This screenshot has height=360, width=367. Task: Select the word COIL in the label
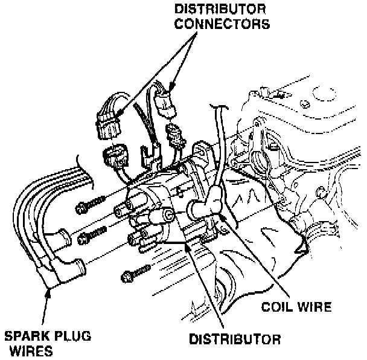[275, 307]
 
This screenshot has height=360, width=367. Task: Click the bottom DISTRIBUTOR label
[234, 339]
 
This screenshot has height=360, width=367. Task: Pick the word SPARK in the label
[28, 336]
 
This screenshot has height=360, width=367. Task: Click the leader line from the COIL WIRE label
[247, 254]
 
